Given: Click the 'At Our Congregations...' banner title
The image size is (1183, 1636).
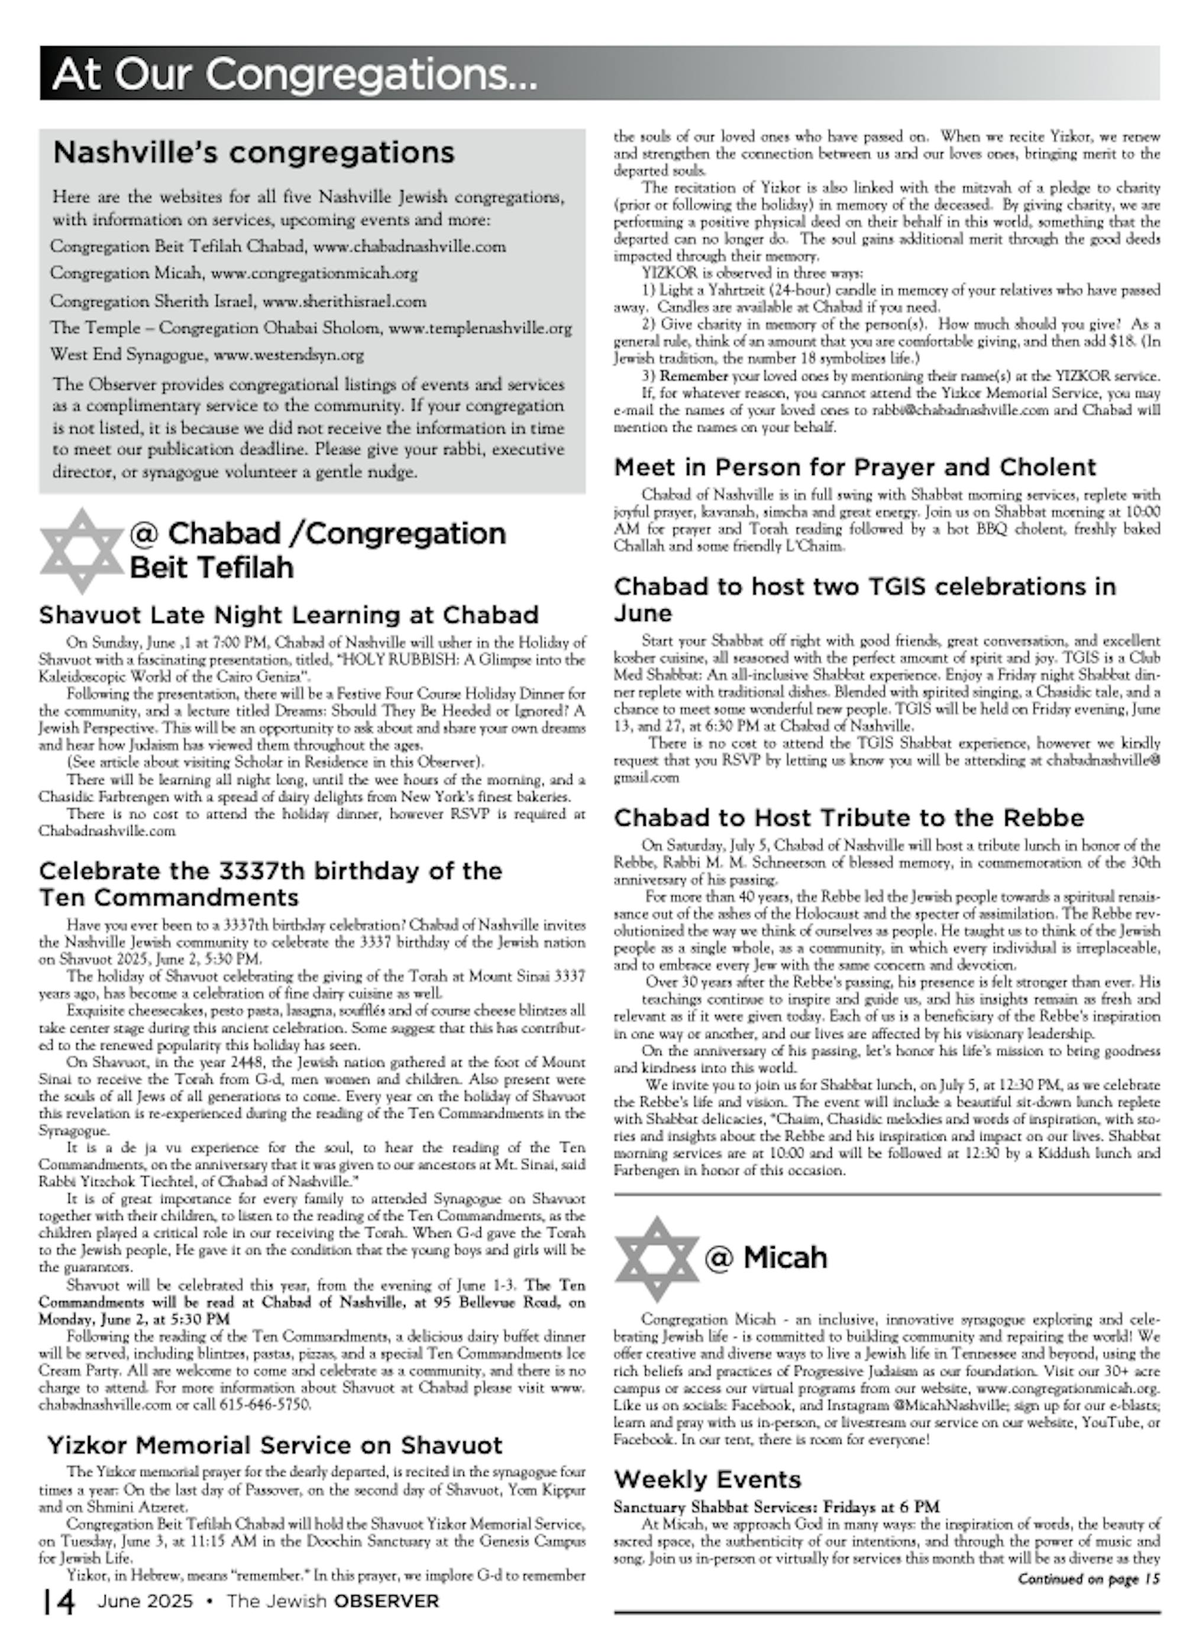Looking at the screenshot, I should point(295,73).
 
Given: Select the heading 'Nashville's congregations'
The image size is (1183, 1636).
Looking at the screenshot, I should point(254,152).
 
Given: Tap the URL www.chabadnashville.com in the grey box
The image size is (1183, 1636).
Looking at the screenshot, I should point(410,247).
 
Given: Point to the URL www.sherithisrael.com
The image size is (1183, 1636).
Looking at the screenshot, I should point(344,301).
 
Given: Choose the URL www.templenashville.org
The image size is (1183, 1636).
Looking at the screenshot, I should point(480,328).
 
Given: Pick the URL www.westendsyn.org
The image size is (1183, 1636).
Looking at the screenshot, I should point(289,355).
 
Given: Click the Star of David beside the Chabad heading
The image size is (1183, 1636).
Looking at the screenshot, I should point(82,551).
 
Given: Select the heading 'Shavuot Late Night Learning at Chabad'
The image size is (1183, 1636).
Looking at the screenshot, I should point(289,615).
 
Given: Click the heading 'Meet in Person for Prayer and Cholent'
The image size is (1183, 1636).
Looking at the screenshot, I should point(855,467).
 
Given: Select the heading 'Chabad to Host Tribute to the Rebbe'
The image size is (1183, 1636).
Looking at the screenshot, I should point(849,817).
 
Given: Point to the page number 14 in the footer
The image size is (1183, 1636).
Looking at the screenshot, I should point(59,1601).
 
